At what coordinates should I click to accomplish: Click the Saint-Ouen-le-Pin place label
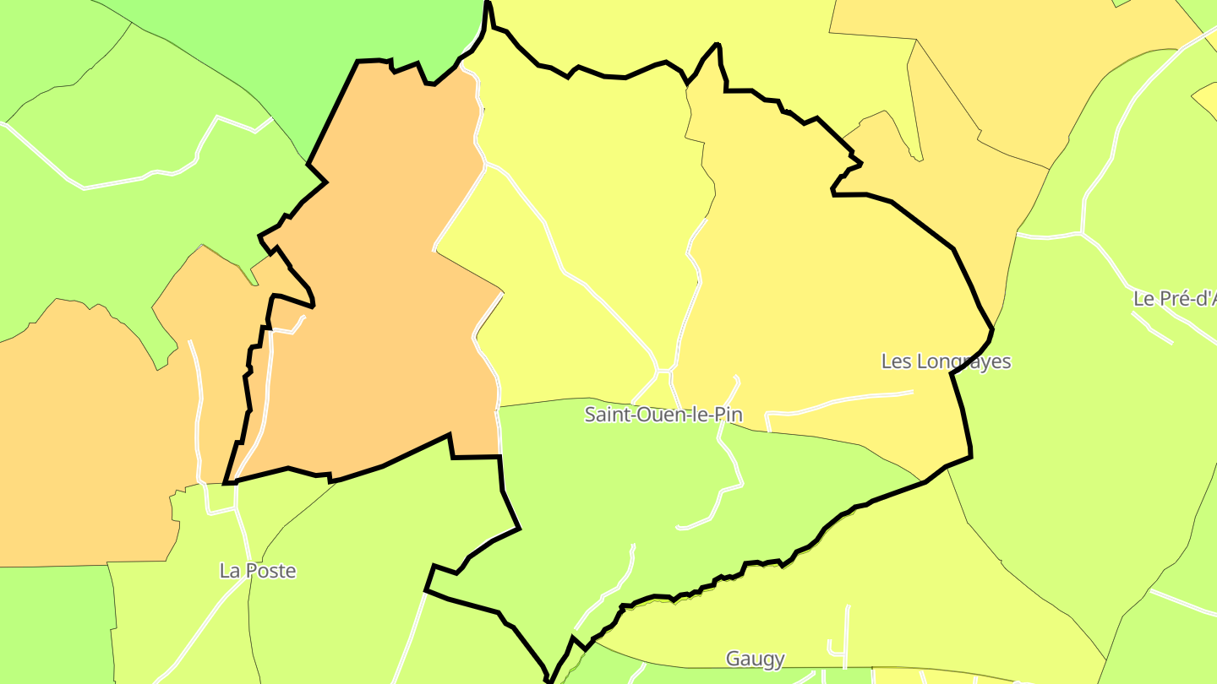(663, 415)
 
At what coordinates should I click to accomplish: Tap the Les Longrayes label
(946, 361)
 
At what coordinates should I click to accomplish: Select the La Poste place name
(258, 571)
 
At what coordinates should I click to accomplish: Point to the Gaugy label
(756, 659)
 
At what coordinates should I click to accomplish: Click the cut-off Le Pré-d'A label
(1175, 299)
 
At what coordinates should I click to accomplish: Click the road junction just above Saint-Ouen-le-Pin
(664, 370)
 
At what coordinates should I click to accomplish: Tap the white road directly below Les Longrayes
(845, 400)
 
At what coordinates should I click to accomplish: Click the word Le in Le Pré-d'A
(1143, 299)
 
